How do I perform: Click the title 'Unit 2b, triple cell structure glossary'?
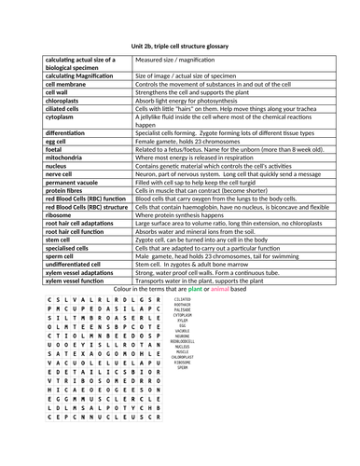(x=180, y=45)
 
